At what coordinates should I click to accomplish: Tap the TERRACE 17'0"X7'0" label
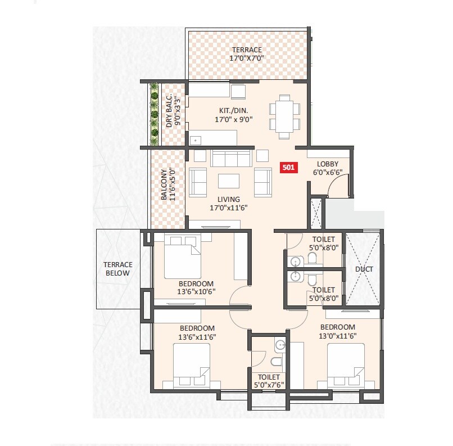tap(247, 54)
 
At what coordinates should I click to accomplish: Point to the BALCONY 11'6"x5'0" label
tap(169, 185)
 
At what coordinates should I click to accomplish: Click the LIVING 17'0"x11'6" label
tap(229, 203)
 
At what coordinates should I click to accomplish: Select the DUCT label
tap(364, 269)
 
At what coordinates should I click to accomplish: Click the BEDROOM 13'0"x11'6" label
tap(338, 331)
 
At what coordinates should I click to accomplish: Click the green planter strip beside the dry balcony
tap(153, 112)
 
